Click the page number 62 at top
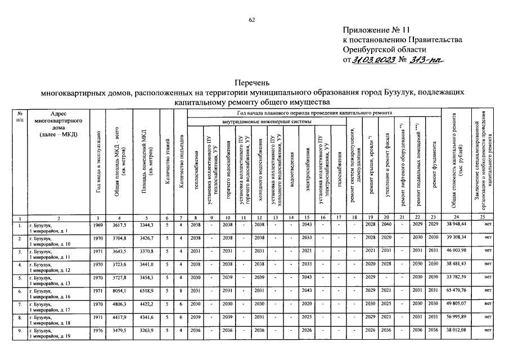pos(253,20)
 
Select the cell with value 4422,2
pos(145,305)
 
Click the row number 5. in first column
pos(20,278)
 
